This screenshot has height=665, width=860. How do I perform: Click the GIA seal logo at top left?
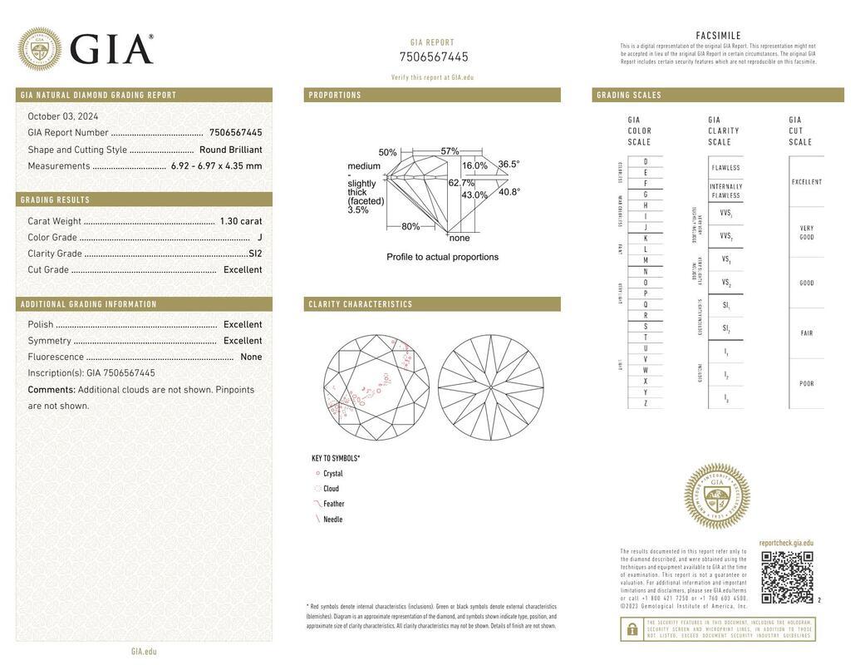coord(40,49)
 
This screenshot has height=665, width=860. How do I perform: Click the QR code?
coord(787,577)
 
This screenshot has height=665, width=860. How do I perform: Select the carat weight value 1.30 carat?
coord(241,221)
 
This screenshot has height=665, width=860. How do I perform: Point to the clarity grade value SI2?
coord(255,254)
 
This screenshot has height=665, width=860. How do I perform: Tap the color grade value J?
coord(259,238)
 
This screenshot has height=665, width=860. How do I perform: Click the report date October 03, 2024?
coord(63,116)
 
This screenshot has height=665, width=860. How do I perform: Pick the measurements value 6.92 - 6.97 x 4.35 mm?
coord(217,166)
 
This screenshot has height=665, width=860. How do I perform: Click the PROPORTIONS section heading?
coord(335,96)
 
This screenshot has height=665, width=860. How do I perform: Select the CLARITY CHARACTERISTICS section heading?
coord(361,304)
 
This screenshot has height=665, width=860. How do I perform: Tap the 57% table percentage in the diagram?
coord(450,151)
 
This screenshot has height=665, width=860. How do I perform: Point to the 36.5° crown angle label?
coord(509,165)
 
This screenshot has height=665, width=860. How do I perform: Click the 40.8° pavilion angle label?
coord(509,192)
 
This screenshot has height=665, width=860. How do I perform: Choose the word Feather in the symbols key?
coord(334,504)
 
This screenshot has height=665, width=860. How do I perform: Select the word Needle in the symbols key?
coord(333,520)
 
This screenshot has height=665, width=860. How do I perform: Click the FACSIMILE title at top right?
coord(718,36)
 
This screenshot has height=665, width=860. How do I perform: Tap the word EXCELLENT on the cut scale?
coord(807,182)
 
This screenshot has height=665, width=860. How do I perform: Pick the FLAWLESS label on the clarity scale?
coord(725,168)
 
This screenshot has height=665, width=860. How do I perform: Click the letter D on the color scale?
coord(646,161)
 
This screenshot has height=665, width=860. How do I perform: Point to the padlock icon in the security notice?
coord(632,629)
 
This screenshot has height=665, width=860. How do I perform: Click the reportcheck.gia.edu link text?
coord(786,543)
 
